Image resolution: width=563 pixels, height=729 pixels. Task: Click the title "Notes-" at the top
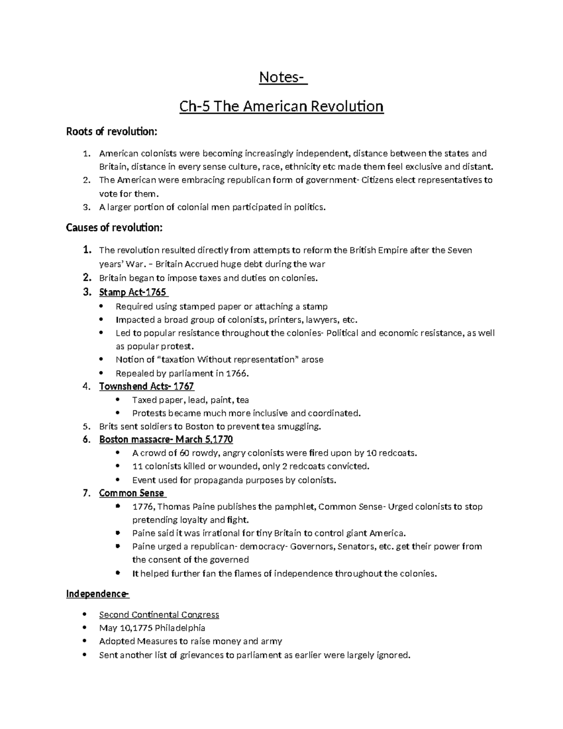[x=283, y=77]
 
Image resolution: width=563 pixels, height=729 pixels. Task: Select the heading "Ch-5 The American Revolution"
[x=281, y=107]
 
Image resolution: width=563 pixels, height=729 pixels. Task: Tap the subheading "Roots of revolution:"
[x=111, y=131]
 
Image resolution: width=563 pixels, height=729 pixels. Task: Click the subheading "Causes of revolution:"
[x=114, y=228]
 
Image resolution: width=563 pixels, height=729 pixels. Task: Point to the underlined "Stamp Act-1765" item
[x=133, y=292]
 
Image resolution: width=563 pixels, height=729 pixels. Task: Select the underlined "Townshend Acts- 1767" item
[x=146, y=386]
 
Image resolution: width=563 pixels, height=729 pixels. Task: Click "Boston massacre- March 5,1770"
[x=166, y=439]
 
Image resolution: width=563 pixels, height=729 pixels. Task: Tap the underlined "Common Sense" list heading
[x=131, y=493]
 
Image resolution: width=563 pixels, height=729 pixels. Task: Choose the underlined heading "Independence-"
[x=97, y=594]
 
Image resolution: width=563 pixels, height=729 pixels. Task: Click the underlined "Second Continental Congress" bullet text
[x=159, y=615]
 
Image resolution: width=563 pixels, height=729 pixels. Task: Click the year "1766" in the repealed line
[x=236, y=374]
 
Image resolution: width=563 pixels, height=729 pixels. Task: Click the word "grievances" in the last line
[x=202, y=655]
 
